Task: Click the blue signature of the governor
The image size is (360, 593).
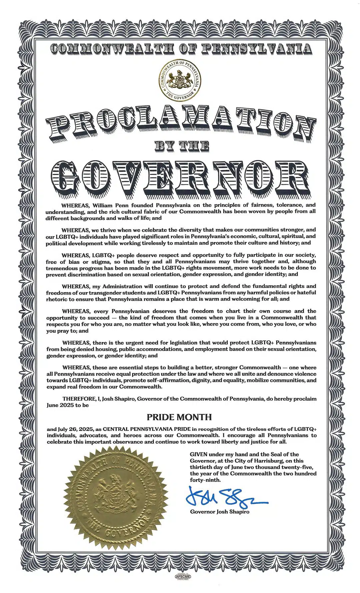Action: click(x=227, y=497)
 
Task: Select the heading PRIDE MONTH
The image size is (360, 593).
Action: click(x=179, y=417)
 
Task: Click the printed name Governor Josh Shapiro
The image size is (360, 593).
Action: click(x=219, y=512)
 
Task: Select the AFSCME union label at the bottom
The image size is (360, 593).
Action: click(x=183, y=576)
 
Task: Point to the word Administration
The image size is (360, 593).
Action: click(x=122, y=286)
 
